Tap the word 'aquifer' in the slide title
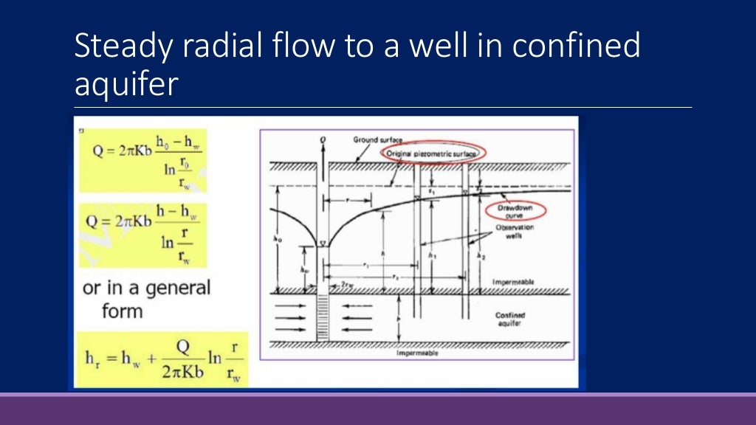(126, 83)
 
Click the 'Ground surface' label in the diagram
(376, 139)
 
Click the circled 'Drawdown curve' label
(516, 212)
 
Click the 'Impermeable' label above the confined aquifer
(513, 282)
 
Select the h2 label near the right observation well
(481, 256)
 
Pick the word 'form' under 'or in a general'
(103, 311)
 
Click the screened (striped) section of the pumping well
(322, 317)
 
